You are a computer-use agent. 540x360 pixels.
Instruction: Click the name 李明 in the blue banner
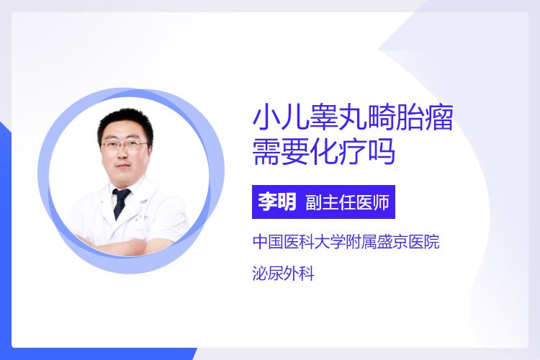pyautogui.click(x=277, y=202)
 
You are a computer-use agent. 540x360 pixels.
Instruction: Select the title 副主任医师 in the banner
pyautogui.click(x=347, y=202)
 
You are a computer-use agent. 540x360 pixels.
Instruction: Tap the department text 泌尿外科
pyautogui.click(x=284, y=274)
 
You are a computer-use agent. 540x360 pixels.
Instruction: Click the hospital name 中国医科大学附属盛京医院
pyautogui.click(x=346, y=241)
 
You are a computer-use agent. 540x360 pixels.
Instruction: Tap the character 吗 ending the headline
pyautogui.click(x=381, y=152)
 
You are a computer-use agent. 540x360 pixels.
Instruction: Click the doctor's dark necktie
pyautogui.click(x=120, y=202)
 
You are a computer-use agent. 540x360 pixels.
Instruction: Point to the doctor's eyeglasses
pyautogui.click(x=125, y=145)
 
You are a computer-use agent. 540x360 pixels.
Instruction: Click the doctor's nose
pyautogui.click(x=124, y=154)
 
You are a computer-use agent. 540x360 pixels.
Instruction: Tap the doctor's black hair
pyautogui.click(x=125, y=122)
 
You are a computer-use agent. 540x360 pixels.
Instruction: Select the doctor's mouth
pyautogui.click(x=124, y=167)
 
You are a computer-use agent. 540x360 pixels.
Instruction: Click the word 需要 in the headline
pyautogui.click(x=281, y=152)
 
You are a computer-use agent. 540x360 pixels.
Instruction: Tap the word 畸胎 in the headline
pyautogui.click(x=395, y=118)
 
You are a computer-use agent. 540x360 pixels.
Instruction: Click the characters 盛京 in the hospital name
pyautogui.click(x=393, y=241)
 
